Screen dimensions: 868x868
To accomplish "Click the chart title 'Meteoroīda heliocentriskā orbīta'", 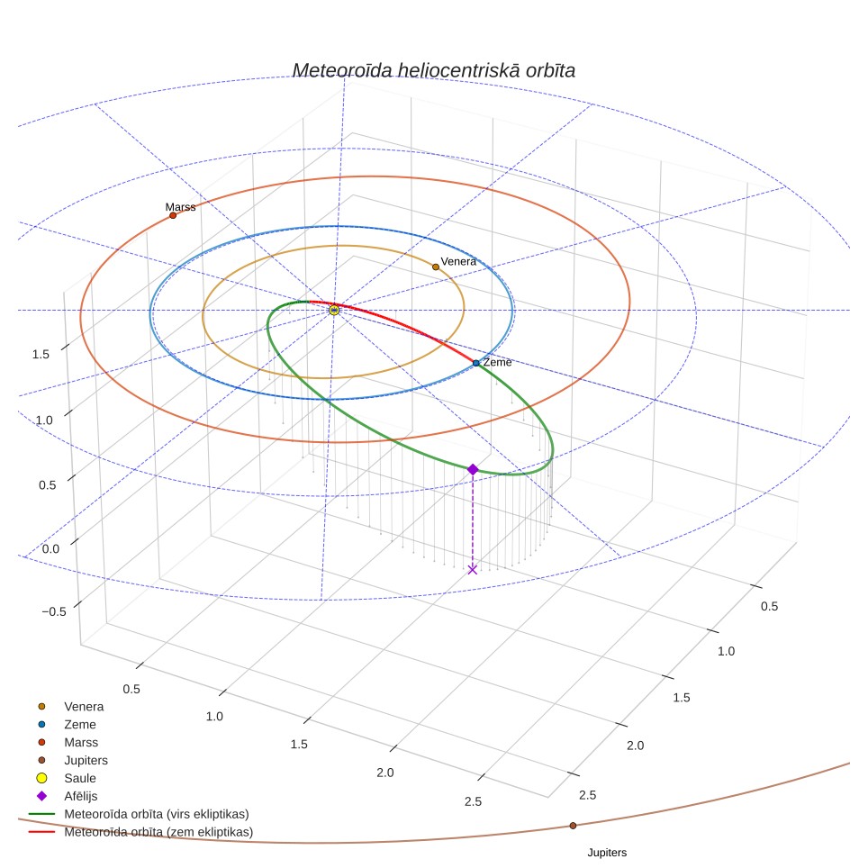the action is pyautogui.click(x=433, y=71).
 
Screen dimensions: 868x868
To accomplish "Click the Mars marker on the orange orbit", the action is pyautogui.click(x=173, y=215).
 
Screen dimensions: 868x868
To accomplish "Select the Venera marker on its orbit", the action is pyautogui.click(x=436, y=267).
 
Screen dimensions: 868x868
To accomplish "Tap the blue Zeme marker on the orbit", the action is pyautogui.click(x=476, y=363).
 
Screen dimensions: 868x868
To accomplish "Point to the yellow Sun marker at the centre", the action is pyautogui.click(x=334, y=310).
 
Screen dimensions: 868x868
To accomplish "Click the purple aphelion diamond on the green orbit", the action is pyautogui.click(x=473, y=469).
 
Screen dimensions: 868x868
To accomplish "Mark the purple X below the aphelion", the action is pyautogui.click(x=472, y=570).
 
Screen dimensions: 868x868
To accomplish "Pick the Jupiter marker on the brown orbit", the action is pyautogui.click(x=573, y=826).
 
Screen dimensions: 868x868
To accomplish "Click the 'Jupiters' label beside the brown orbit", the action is pyautogui.click(x=607, y=853).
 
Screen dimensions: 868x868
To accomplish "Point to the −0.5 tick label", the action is pyautogui.click(x=54, y=611).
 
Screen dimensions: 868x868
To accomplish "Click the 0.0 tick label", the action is pyautogui.click(x=50, y=549).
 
